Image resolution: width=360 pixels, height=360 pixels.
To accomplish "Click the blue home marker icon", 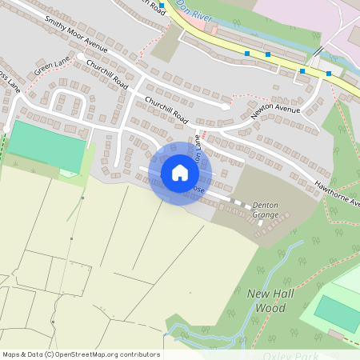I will tap(180, 172).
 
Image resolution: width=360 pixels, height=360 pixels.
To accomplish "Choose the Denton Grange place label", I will tap(266, 210).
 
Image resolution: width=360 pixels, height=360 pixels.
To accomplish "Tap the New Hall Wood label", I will tap(266, 300).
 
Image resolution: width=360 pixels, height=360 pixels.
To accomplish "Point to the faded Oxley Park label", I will tap(293, 354).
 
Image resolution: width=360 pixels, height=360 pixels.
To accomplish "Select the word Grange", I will tap(266, 215).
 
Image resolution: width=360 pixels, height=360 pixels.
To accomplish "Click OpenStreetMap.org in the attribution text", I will tap(93, 354).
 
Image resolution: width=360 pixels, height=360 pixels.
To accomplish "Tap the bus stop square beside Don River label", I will tap(162, 5).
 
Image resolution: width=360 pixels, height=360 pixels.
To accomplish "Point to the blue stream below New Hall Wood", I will tap(200, 336).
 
